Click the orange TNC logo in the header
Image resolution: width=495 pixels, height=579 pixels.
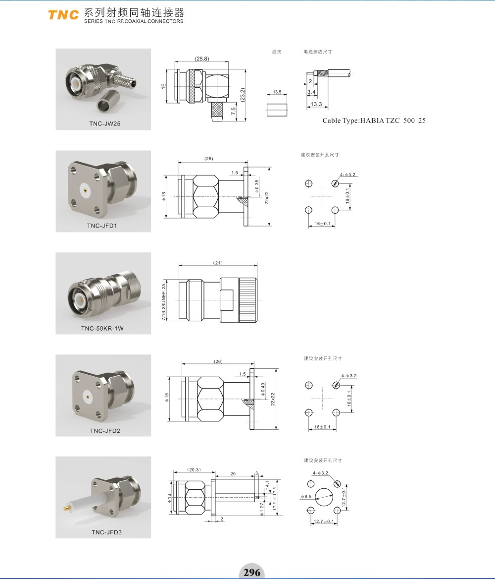[63, 15]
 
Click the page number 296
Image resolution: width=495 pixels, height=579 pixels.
[252, 573]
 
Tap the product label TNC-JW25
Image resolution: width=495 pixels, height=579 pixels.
[103, 123]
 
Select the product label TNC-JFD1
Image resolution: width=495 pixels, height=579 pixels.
[103, 226]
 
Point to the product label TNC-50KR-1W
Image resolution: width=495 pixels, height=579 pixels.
[103, 328]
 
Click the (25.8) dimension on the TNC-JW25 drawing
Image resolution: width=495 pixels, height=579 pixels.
[201, 58]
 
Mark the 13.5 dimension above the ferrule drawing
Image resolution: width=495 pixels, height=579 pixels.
[277, 92]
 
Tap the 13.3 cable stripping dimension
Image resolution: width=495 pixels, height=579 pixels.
[317, 104]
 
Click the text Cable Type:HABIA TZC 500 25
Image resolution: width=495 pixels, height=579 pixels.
[374, 120]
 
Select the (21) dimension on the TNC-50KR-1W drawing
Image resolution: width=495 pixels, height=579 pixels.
[217, 262]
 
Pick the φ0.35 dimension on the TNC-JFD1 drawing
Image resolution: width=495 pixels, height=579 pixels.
[257, 186]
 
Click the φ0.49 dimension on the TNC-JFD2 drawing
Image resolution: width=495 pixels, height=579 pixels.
[263, 391]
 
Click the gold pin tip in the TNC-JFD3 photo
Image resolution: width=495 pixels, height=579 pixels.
[65, 509]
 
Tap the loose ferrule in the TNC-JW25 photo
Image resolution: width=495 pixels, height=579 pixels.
[109, 106]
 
